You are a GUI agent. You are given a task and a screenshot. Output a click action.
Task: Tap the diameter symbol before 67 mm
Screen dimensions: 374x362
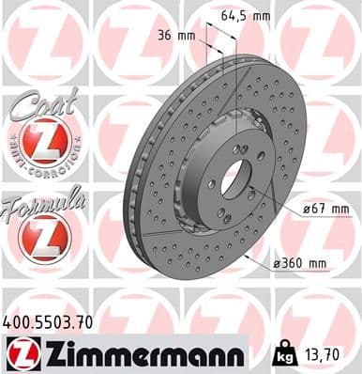tap(307, 208)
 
